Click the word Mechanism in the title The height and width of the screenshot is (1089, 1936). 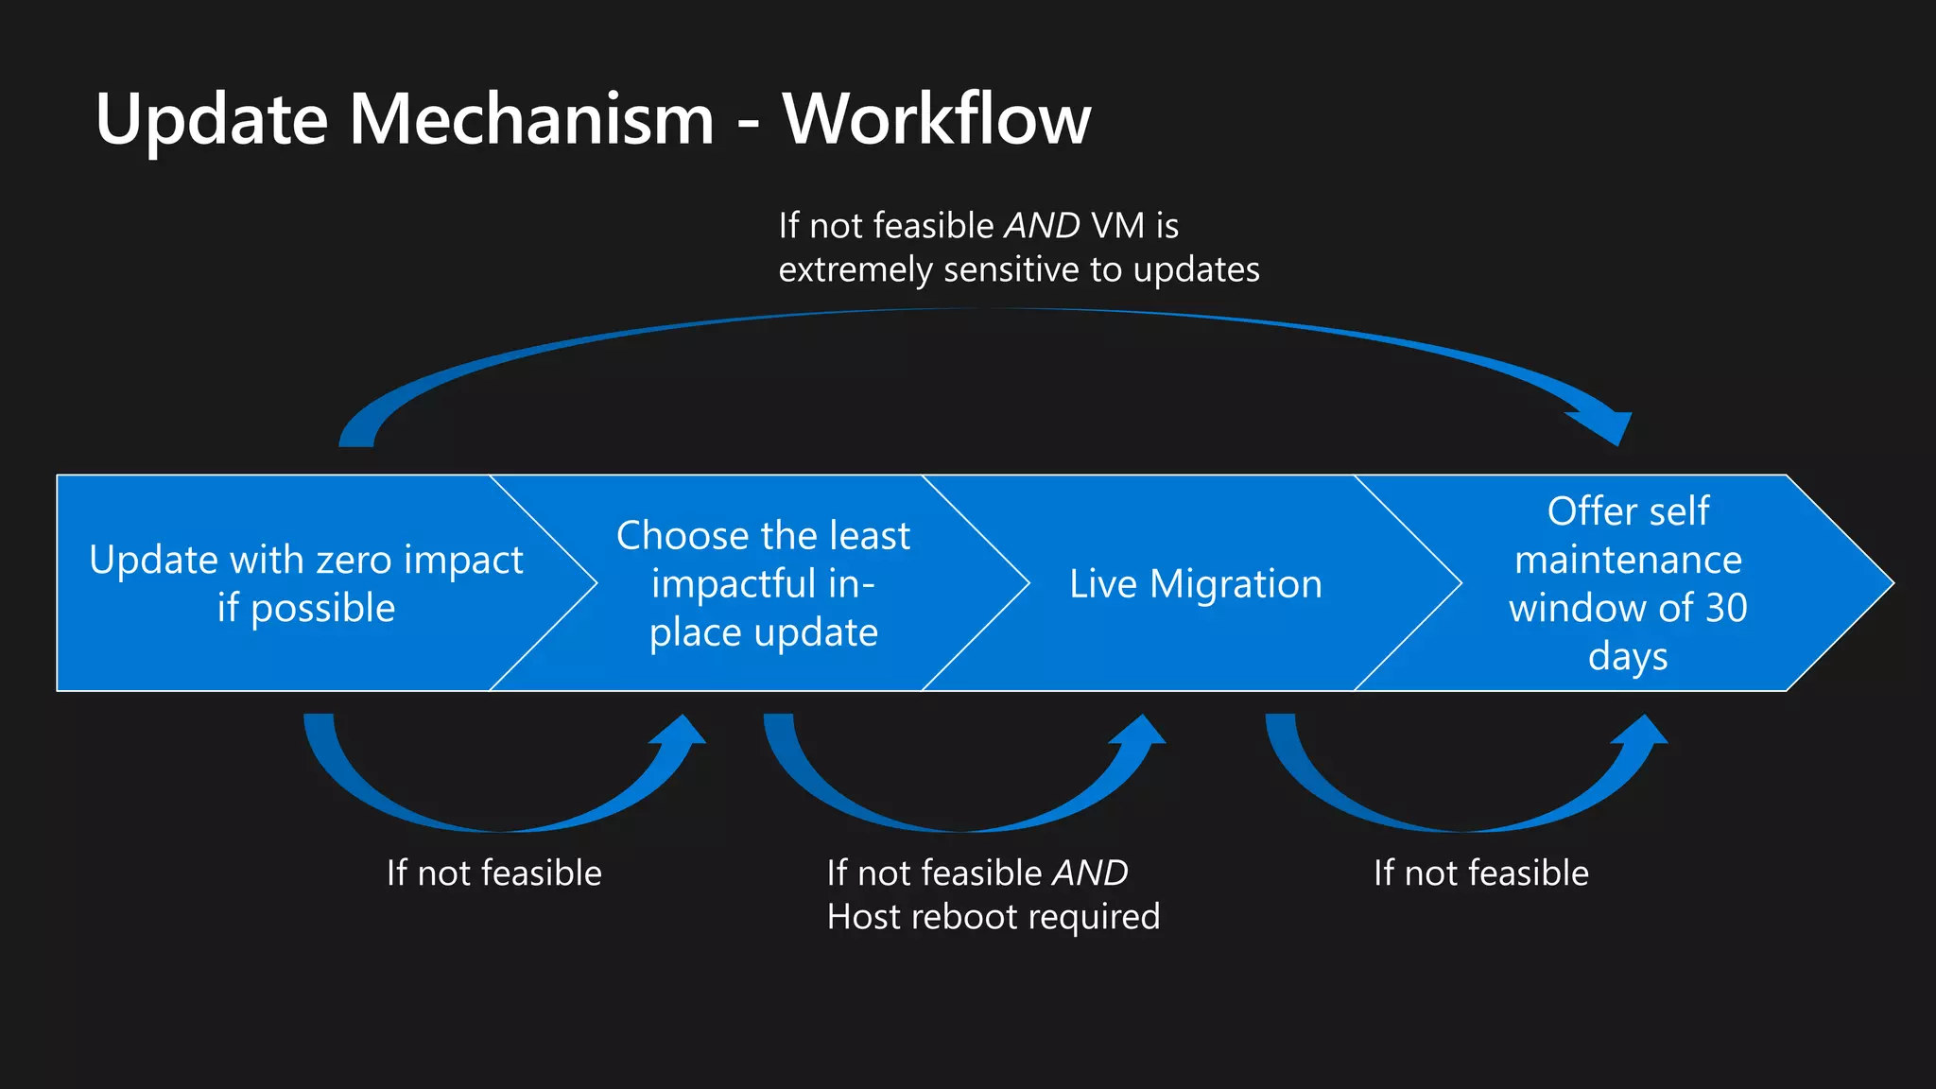click(531, 119)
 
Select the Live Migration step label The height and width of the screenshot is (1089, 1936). click(1196, 584)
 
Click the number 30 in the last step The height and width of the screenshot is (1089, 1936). click(1726, 608)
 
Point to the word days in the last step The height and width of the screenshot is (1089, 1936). click(1628, 656)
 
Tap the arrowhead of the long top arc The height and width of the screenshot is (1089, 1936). click(1607, 426)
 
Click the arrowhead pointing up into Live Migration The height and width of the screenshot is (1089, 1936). click(1144, 732)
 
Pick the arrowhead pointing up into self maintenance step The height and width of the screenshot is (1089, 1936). click(1646, 732)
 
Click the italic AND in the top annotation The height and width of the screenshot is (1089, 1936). click(1042, 226)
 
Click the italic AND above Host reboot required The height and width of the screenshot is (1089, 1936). click(1090, 873)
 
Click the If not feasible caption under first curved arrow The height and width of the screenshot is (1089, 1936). click(493, 873)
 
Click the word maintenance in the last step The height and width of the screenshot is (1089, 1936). click(1628, 561)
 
